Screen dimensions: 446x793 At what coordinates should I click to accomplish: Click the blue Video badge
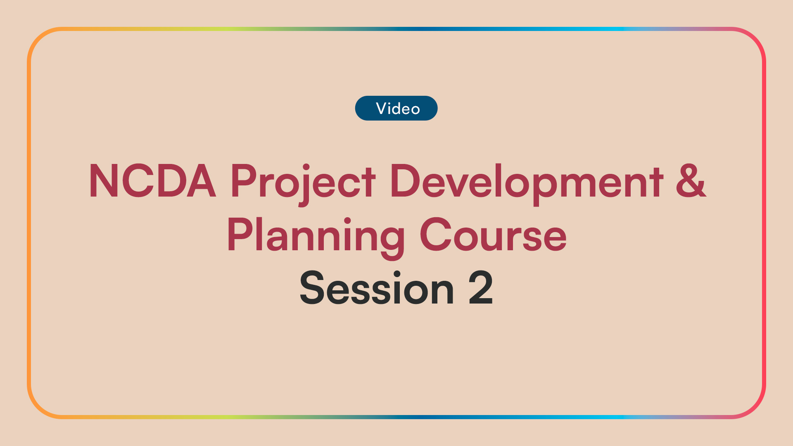pyautogui.click(x=396, y=108)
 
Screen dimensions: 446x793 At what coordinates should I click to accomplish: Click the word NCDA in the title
pyautogui.click(x=152, y=181)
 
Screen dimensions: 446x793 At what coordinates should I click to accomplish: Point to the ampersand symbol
pyautogui.click(x=691, y=181)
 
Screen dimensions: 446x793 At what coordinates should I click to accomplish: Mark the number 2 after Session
pyautogui.click(x=481, y=288)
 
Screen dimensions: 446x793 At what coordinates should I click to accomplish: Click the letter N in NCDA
pyautogui.click(x=102, y=181)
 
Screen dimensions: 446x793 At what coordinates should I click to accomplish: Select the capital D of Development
pyautogui.click(x=405, y=181)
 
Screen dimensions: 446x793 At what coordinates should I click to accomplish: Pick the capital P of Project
pyautogui.click(x=243, y=181)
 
